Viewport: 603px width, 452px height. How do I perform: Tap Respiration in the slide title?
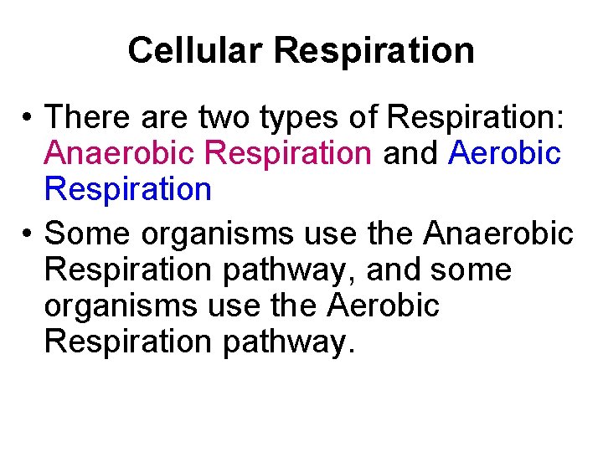point(374,50)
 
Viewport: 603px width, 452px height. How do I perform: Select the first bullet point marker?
point(28,118)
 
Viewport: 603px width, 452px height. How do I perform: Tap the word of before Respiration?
point(363,117)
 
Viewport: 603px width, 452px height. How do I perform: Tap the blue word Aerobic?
point(504,153)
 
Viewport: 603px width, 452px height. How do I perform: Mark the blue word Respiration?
point(128,190)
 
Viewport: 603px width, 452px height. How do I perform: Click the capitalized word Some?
point(88,234)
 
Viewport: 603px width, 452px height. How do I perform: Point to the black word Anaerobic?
point(499,234)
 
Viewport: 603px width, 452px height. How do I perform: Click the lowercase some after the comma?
point(470,270)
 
